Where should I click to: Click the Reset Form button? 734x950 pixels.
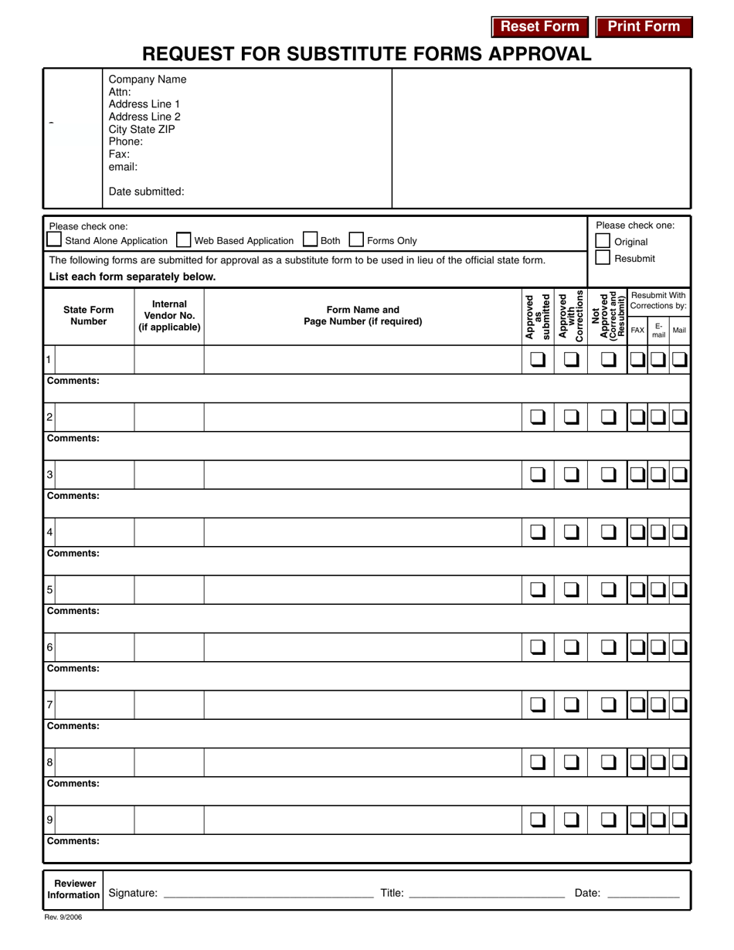[539, 27]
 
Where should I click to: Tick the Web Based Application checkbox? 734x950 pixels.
[184, 240]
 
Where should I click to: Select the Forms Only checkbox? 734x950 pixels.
[357, 240]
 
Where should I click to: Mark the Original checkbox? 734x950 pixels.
[603, 242]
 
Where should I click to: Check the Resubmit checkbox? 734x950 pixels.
[603, 258]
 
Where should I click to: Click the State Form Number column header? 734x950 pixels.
[88, 315]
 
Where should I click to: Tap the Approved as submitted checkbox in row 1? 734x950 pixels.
[538, 359]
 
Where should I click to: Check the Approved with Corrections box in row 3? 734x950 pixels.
[571, 474]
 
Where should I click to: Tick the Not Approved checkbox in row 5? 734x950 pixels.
[609, 589]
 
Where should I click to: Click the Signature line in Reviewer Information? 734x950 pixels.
[269, 893]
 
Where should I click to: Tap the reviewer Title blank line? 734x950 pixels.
[487, 893]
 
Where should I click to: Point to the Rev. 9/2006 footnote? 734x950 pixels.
[63, 918]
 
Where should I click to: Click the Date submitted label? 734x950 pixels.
[146, 192]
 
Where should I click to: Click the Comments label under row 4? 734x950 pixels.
[73, 553]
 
